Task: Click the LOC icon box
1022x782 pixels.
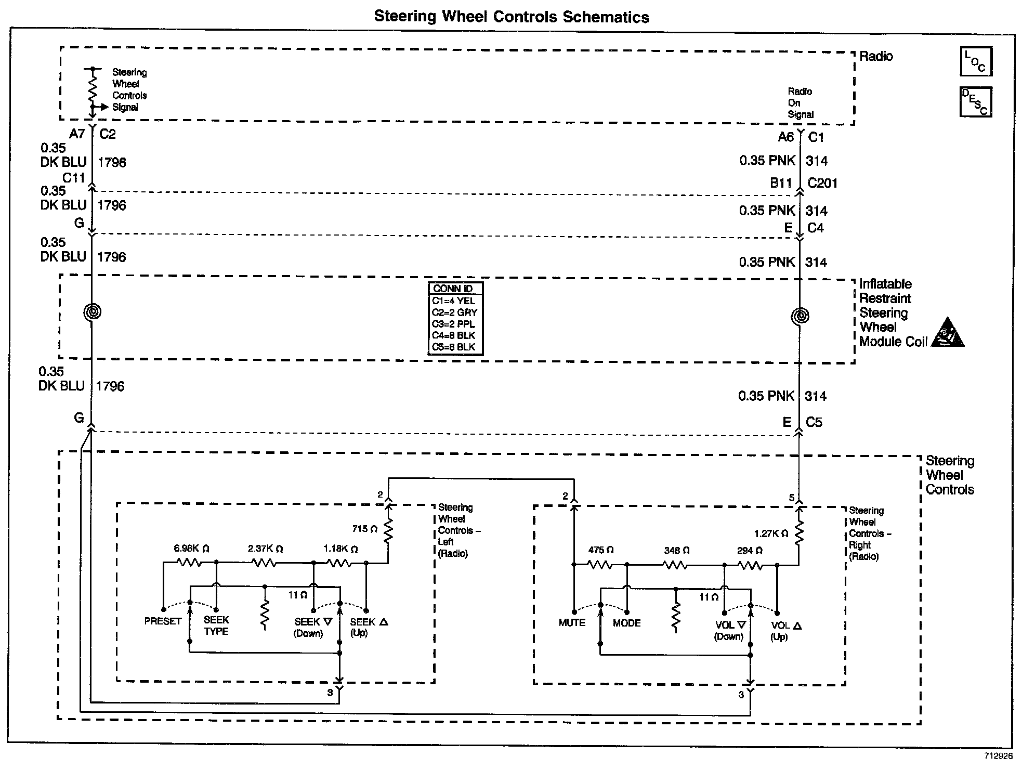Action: coord(976,61)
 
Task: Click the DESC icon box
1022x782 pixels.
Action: coord(976,102)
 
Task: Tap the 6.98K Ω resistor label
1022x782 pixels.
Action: coord(191,549)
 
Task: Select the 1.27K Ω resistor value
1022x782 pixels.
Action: coord(771,533)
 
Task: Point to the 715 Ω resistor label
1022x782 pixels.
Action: coord(364,529)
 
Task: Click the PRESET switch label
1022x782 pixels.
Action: coord(163,621)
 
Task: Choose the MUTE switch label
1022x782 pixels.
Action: coord(572,623)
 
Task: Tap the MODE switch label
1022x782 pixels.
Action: coord(626,623)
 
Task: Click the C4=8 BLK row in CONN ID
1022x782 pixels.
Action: coord(453,335)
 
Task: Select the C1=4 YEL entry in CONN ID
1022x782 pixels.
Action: coord(453,301)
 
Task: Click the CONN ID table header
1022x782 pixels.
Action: coord(453,289)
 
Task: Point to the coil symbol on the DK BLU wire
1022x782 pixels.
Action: coord(92,312)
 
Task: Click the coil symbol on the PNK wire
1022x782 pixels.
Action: coord(800,316)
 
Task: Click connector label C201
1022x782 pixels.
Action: coord(822,183)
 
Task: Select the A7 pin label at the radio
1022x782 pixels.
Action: coord(77,134)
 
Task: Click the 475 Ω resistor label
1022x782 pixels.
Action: coord(601,550)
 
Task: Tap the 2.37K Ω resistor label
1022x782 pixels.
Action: coord(265,549)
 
